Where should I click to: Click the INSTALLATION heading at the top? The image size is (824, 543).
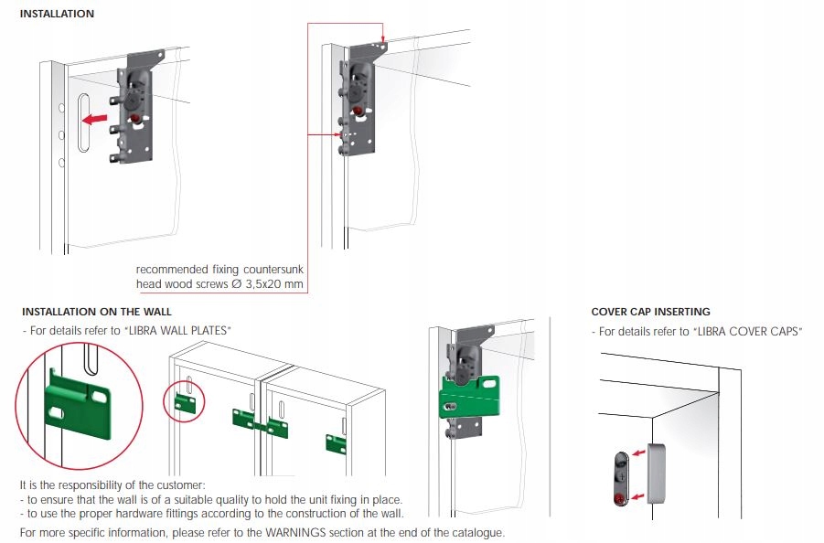57,15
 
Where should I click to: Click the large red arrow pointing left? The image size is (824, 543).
93,117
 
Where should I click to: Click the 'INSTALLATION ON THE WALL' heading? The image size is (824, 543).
96,312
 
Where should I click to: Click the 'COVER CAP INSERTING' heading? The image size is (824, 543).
650,312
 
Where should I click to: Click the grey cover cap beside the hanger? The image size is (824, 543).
655,471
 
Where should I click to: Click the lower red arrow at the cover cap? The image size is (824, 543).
639,496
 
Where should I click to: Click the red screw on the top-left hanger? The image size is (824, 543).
136,118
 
